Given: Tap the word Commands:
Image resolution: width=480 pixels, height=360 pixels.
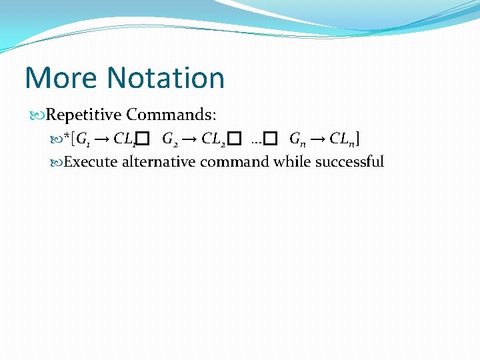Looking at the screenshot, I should [x=171, y=115].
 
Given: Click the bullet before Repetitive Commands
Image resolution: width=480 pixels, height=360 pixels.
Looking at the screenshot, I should [x=37, y=115].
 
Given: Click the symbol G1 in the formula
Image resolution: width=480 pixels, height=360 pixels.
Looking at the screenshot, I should [x=84, y=140].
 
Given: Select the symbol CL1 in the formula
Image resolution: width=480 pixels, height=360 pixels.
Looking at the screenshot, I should [x=125, y=140].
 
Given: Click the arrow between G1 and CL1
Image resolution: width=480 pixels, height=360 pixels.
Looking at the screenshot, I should [x=103, y=140].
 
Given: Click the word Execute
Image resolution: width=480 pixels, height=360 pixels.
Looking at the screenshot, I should [x=92, y=161].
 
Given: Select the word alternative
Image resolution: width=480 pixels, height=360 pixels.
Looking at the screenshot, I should [x=159, y=161].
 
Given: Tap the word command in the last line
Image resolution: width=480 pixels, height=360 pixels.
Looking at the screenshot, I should [x=235, y=161].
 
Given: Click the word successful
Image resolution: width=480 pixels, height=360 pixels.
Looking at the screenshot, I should [x=350, y=161].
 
